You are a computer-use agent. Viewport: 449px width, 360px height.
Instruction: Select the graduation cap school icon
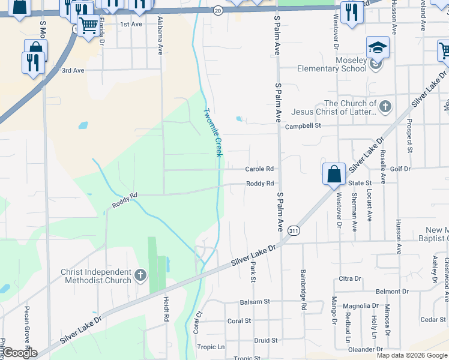pos(378,47)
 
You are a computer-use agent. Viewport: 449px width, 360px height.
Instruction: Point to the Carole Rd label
pos(260,169)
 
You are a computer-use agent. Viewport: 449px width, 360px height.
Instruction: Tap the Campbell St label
pos(304,126)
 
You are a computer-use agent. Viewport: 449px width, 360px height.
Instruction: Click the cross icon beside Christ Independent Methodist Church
pos(140,276)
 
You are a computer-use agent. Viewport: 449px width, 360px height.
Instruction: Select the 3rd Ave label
pos(73,70)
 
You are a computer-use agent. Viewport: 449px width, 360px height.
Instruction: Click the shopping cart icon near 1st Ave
pos(88,25)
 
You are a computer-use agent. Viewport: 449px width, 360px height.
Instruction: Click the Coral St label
pos(239,321)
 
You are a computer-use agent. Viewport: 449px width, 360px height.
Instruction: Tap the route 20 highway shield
pos(217,11)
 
